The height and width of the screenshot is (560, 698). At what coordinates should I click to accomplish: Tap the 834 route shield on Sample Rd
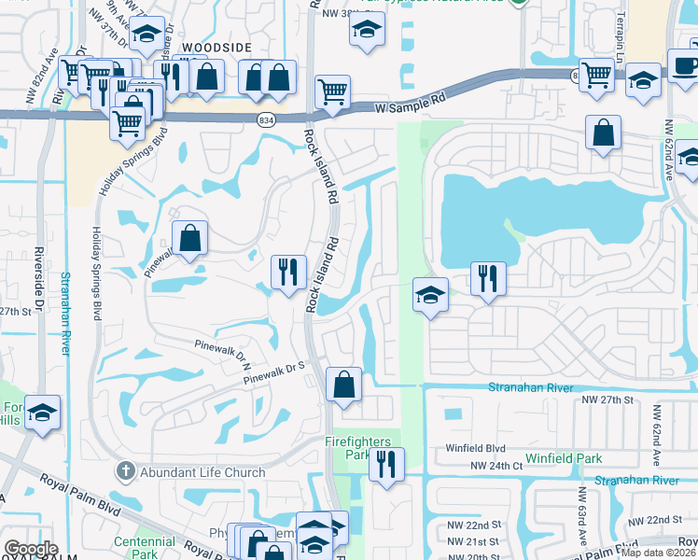[x=266, y=119]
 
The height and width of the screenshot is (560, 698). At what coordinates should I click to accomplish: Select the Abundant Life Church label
[x=202, y=472]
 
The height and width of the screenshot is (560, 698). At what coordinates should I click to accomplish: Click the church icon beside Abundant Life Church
[x=126, y=471]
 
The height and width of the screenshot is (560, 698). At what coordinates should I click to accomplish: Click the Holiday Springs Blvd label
[x=97, y=271]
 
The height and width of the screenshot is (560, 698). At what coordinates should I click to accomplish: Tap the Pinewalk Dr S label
[x=275, y=372]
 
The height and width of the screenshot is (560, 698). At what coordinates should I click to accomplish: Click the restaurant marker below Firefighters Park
[x=386, y=463]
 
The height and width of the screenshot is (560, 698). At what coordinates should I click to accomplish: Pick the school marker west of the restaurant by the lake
[x=429, y=295]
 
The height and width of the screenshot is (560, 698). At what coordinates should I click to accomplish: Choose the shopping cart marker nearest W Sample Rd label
[x=332, y=91]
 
